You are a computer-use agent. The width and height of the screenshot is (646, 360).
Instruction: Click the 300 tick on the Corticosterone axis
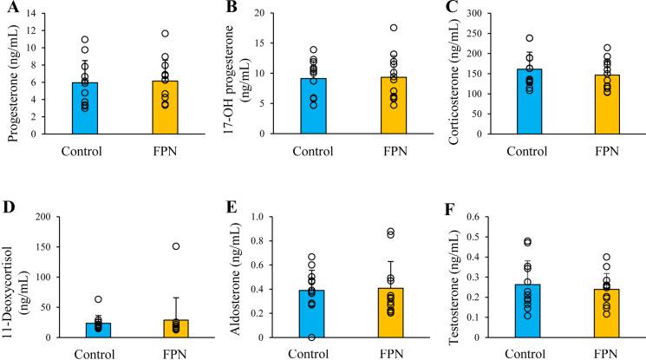coord(476,14)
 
